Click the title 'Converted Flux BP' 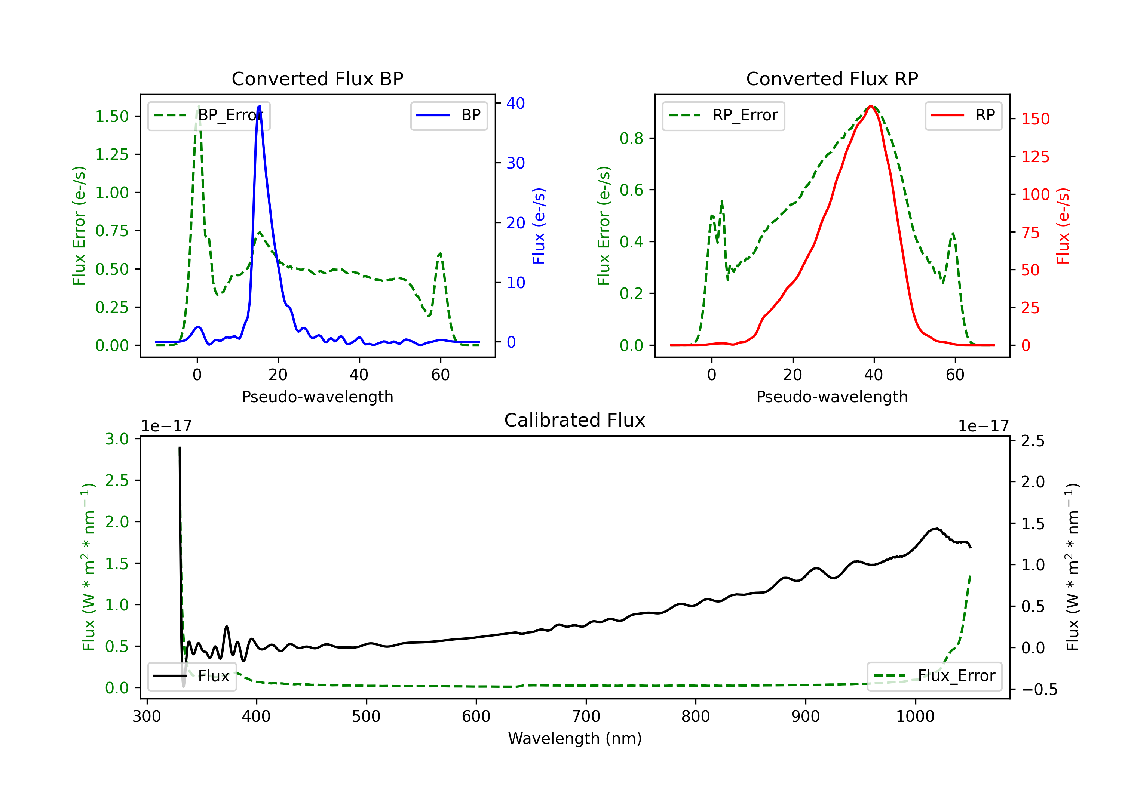click(318, 78)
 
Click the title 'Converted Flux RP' click(832, 78)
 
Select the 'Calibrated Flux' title click(575, 420)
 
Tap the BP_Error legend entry click(209, 116)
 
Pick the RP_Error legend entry click(723, 116)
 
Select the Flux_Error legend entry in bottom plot click(934, 676)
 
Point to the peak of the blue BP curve click(260, 106)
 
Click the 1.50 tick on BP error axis click(112, 116)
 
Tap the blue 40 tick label click(515, 103)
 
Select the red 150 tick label click(1036, 119)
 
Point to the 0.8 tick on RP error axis click(631, 138)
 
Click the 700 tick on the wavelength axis click(586, 717)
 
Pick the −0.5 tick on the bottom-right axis click(1039, 689)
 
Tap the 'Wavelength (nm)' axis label click(575, 739)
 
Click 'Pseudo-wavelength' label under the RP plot click(832, 397)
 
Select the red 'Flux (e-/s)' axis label click(1063, 226)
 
